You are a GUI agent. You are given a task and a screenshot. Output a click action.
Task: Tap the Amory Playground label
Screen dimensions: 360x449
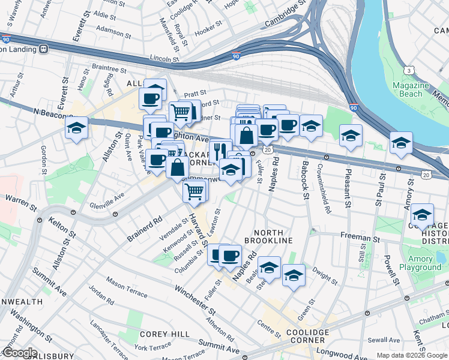(x=420, y=263)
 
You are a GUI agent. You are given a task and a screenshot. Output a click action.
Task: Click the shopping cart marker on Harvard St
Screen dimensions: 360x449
(x=194, y=191)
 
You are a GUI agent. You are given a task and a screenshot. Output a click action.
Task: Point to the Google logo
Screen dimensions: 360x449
(x=19, y=353)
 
